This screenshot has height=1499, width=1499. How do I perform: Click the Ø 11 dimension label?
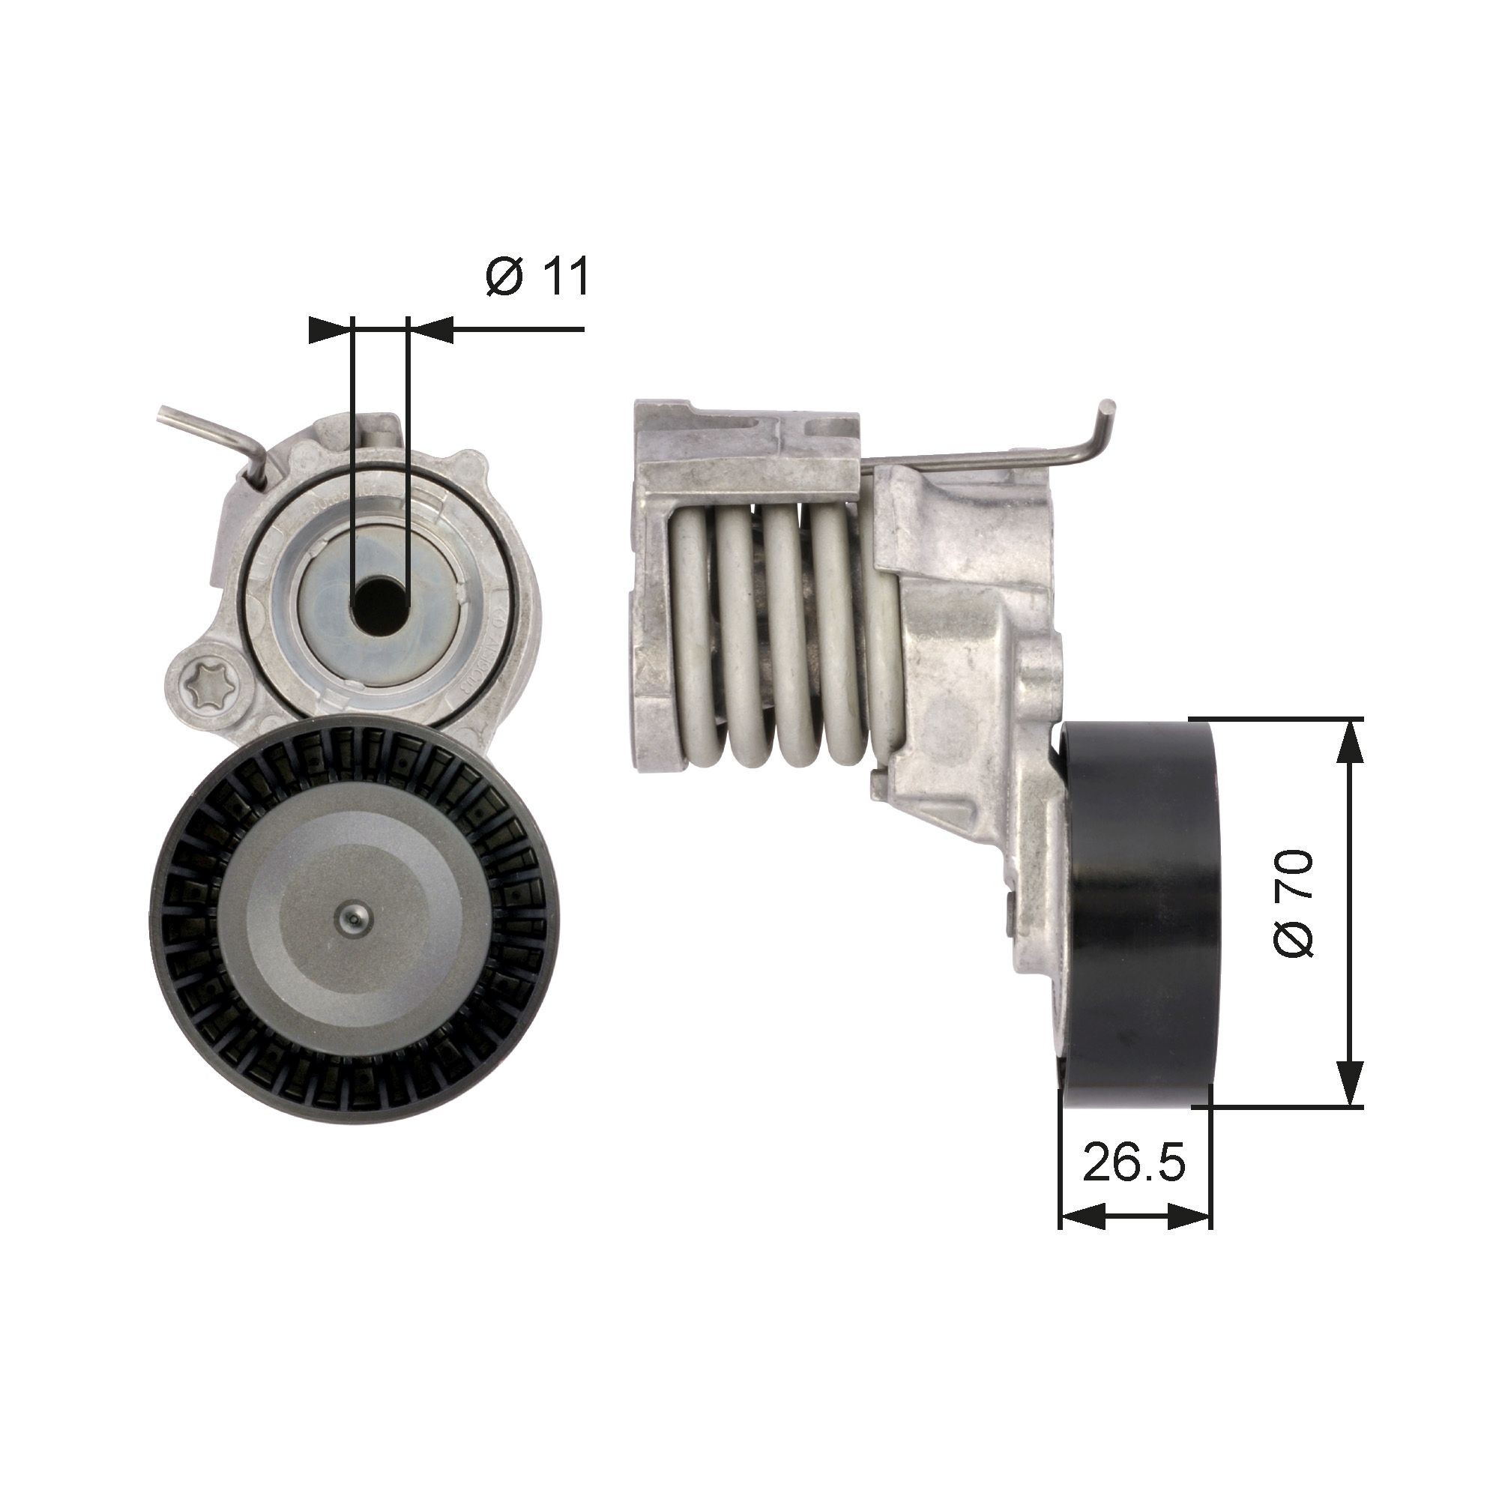537,277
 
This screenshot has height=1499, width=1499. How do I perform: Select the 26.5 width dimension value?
1134,1182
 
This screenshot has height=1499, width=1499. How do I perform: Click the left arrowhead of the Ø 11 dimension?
329,330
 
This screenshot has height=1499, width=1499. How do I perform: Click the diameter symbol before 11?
504,277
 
